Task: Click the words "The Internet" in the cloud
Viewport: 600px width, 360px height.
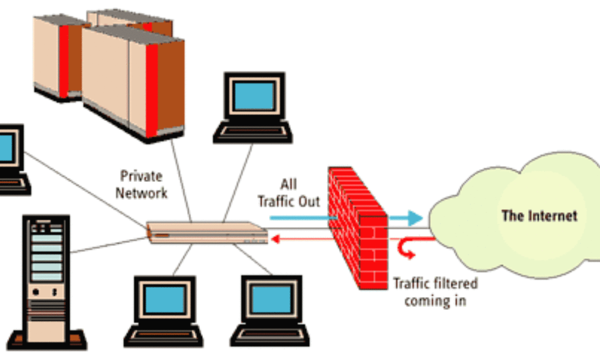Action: click(539, 216)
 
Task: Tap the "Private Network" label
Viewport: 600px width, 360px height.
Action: click(141, 184)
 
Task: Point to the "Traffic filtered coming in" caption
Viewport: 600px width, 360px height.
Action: click(435, 291)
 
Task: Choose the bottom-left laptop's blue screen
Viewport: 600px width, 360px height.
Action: click(164, 299)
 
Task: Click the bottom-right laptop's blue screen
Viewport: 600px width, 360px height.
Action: click(270, 299)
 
